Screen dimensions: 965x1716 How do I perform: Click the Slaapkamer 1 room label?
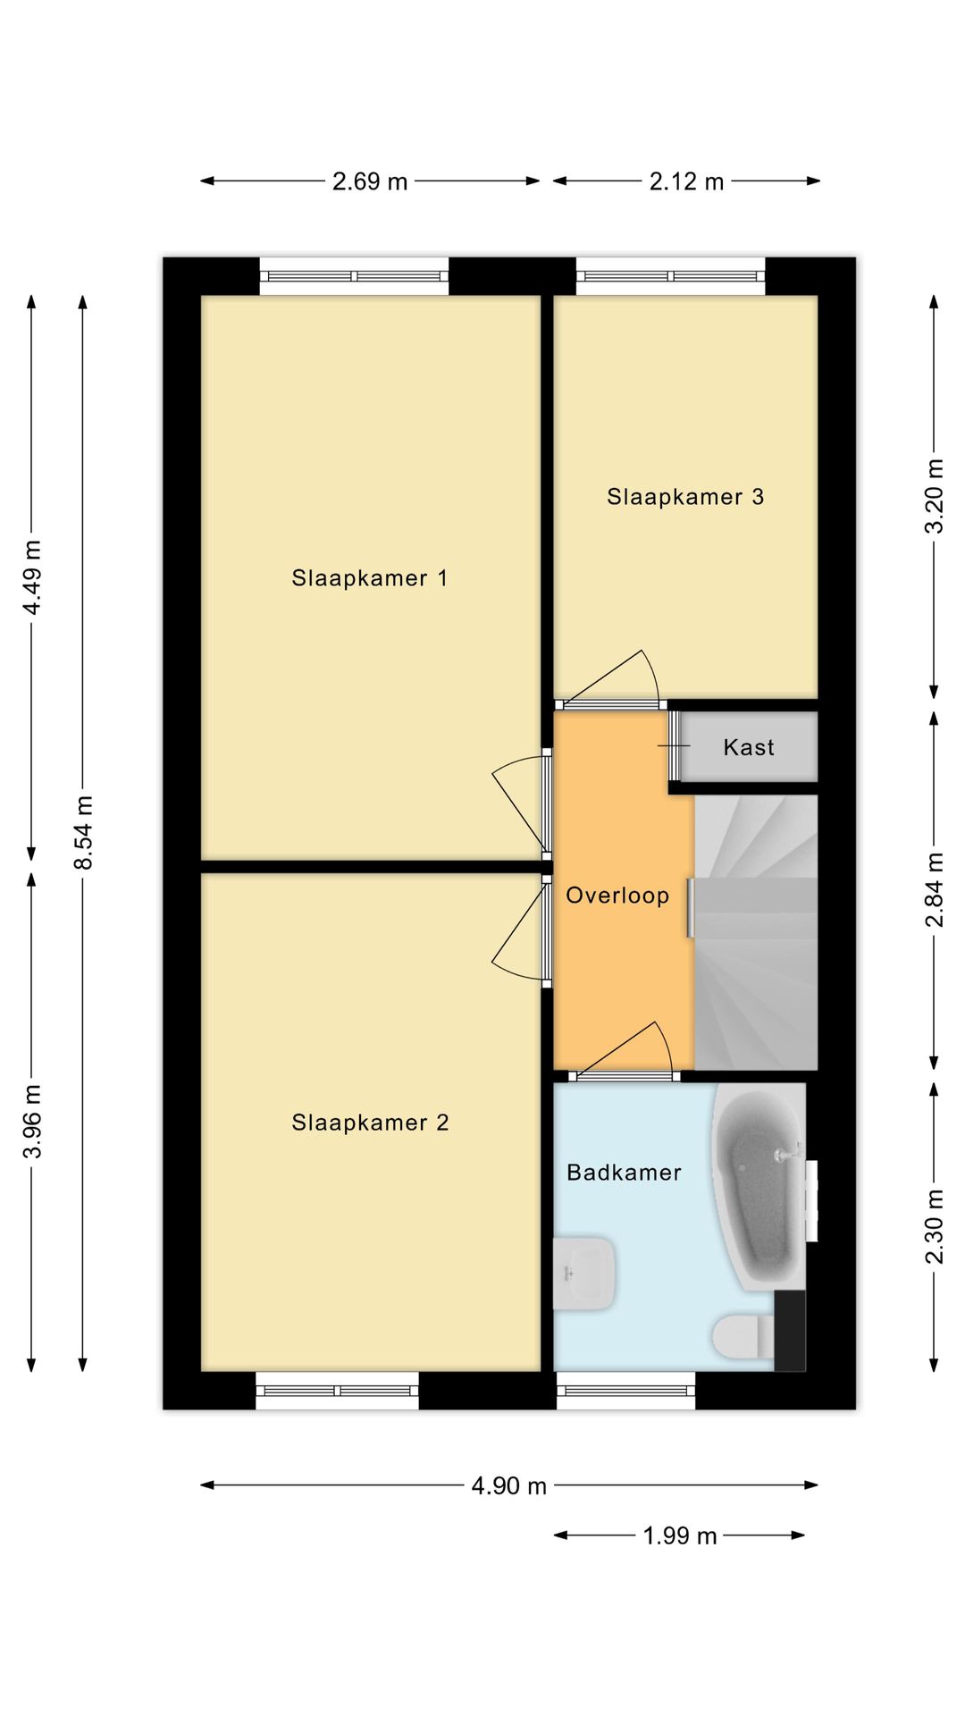369,578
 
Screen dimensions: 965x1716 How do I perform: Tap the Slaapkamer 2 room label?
370,1123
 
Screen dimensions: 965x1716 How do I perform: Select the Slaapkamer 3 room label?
685,497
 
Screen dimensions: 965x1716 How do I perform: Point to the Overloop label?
617,896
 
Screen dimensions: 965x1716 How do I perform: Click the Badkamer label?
624,1173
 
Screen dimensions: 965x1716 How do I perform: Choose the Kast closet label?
749,747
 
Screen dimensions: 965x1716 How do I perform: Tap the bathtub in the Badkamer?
758,1187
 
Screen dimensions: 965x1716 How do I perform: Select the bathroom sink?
584,1274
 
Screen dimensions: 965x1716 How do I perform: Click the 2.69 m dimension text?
370,181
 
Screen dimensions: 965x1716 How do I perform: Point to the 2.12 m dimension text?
686,181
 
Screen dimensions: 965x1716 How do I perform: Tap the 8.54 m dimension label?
83,833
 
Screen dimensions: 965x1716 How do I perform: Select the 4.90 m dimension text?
508,1485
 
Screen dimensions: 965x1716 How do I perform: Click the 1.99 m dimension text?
680,1535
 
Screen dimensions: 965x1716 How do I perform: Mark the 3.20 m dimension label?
934,496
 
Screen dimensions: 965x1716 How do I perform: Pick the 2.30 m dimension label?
934,1226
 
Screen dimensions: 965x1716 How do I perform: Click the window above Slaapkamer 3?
671,276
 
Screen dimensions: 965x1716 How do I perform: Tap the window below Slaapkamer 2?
337,1391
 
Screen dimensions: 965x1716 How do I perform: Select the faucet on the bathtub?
785,1155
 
